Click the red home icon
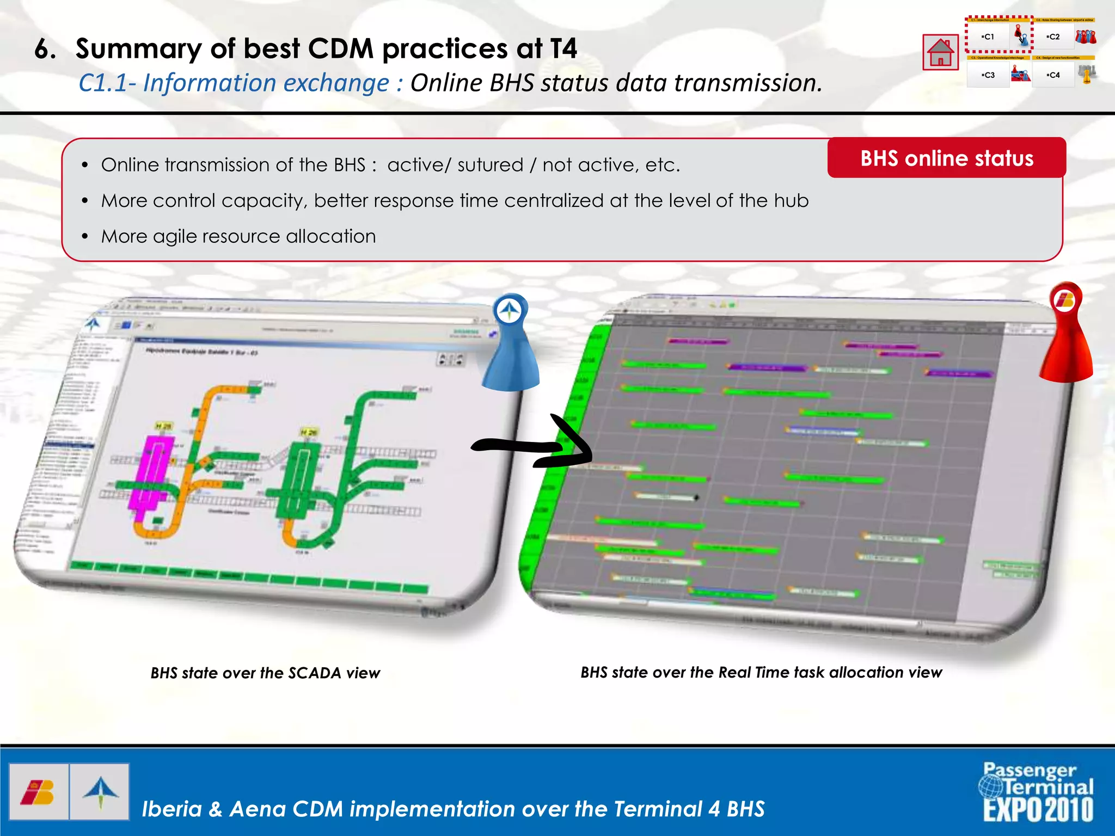tap(940, 52)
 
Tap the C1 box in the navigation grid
tap(988, 37)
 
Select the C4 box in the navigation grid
tap(1053, 75)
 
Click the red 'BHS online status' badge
tap(946, 158)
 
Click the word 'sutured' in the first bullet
tap(490, 165)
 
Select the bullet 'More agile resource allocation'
tap(238, 236)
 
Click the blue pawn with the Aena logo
tap(510, 343)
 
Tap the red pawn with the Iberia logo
tap(1066, 332)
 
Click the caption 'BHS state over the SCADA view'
tap(265, 673)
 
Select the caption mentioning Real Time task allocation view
tap(761, 673)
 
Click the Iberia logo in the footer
tap(38, 792)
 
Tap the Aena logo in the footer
tap(100, 792)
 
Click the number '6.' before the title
tap(45, 49)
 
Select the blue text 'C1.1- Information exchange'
tap(234, 83)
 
